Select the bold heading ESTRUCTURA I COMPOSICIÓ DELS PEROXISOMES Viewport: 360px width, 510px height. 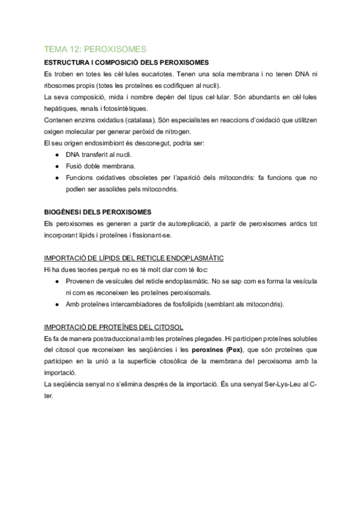pyautogui.click(x=126, y=63)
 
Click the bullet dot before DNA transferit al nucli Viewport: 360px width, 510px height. pyautogui.click(x=56, y=155)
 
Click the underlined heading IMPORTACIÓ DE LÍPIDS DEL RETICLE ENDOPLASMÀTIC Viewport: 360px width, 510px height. pyautogui.click(x=134, y=258)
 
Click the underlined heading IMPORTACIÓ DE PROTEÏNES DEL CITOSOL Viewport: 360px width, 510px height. pyautogui.click(x=114, y=327)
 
